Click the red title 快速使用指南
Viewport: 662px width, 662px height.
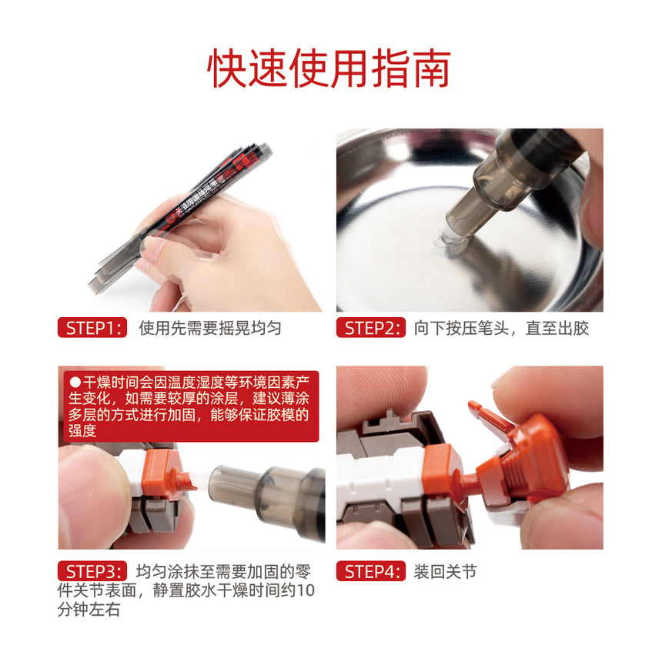click(329, 69)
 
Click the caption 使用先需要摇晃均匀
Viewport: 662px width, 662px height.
click(210, 328)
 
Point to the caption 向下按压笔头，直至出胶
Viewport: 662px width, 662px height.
click(501, 328)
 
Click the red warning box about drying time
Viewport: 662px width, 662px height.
click(189, 406)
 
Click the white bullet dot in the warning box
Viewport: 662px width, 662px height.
click(75, 381)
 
